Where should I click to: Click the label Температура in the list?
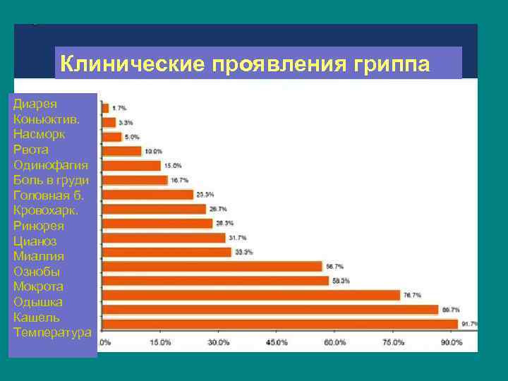pos(52,332)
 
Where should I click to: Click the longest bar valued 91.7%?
pos(279,324)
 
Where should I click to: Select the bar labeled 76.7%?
pos(250,295)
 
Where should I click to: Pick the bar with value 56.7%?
pos(212,266)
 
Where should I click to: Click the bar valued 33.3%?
pos(167,252)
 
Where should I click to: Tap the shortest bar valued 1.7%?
pos(105,108)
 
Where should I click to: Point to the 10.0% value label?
pos(153,151)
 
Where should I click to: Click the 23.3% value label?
pos(205,194)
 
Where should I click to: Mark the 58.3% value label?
pos(341,281)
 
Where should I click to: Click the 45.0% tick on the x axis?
pos(277,343)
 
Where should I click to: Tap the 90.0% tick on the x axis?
pos(452,343)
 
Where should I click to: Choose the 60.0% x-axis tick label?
pos(335,343)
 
